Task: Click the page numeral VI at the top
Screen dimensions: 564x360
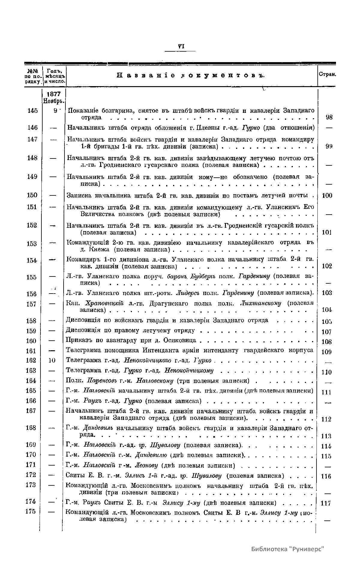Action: (x=180, y=47)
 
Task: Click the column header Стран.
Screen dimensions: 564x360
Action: (x=327, y=74)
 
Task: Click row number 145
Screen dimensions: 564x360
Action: (x=32, y=110)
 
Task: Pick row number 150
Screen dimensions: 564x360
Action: (x=32, y=195)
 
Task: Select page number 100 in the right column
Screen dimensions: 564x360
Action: (x=327, y=196)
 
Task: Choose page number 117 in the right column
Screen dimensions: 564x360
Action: (x=326, y=503)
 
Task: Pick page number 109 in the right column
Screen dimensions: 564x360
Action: (x=326, y=351)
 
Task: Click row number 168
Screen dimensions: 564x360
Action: (x=31, y=428)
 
